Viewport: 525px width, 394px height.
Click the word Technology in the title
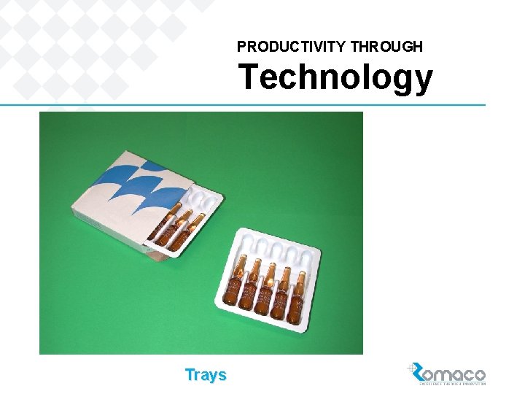[335, 77]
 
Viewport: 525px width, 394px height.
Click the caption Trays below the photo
[206, 375]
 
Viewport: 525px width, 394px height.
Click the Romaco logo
[446, 374]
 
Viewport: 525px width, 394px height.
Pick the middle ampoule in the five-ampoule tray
[266, 289]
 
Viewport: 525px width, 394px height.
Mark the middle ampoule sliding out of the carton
[179, 226]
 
